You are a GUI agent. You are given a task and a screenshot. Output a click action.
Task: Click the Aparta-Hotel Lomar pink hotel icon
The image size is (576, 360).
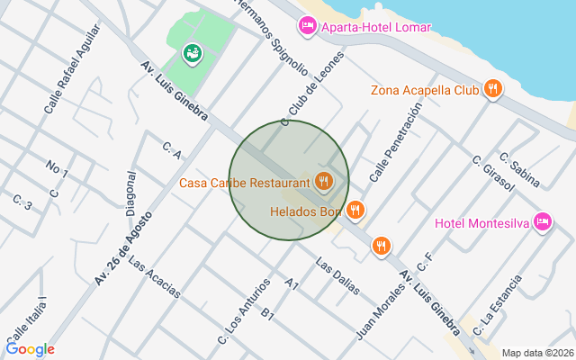coord(308,27)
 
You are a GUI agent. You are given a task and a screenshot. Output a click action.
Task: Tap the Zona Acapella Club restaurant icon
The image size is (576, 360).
coord(492,89)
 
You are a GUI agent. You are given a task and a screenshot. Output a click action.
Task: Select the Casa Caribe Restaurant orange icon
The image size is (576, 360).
coord(324,183)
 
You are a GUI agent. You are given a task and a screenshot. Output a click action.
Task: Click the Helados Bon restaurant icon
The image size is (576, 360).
coord(356,211)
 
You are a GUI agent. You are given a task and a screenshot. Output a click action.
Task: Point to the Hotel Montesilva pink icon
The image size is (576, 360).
coord(542,221)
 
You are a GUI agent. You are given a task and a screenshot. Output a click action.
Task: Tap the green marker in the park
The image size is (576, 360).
coord(192,54)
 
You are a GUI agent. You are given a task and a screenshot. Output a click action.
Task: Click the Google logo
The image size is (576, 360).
coord(30,349)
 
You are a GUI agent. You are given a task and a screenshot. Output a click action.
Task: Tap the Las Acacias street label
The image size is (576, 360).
coord(154,278)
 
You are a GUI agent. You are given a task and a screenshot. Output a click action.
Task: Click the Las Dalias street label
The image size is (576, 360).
coord(337,277)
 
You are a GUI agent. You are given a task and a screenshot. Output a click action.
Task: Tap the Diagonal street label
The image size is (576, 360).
coord(131,193)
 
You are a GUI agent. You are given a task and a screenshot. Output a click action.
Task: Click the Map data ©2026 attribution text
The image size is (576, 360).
coord(536,353)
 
